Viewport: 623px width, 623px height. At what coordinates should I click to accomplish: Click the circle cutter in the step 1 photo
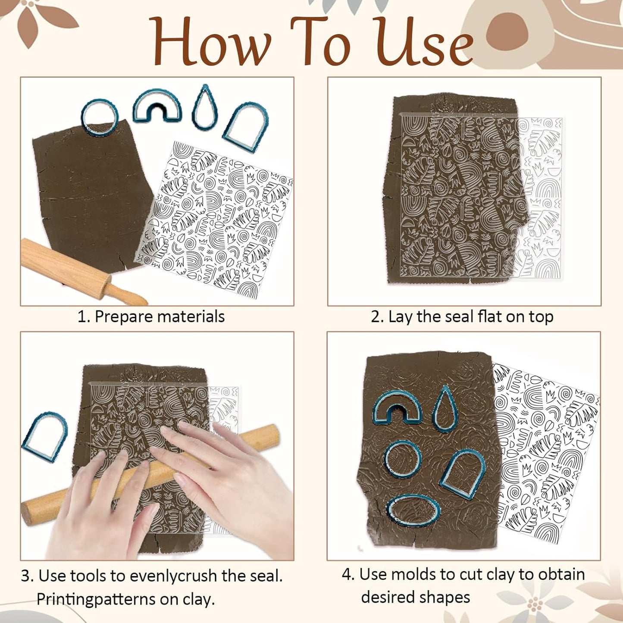pos(99,117)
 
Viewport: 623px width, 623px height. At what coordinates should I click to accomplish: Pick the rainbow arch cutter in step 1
pos(157,106)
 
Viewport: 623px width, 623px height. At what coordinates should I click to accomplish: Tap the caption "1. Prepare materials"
pos(151,316)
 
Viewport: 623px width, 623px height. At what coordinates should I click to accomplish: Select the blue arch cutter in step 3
pos(45,437)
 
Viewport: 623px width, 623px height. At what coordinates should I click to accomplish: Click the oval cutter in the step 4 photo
pos(413,511)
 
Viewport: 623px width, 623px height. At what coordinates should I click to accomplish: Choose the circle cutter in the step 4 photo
pos(403,459)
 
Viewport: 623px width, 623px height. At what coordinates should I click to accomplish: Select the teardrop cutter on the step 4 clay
pos(445,408)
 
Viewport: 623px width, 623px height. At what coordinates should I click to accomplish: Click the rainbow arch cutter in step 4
pos(397,407)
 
